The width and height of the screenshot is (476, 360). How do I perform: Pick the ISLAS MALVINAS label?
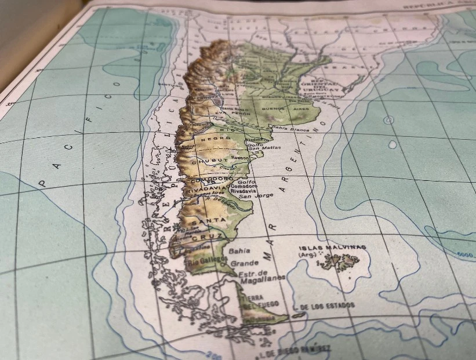coord(332,248)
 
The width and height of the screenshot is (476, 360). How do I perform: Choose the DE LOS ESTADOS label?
coord(328,306)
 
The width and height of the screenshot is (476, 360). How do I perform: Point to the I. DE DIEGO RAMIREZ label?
coord(296,350)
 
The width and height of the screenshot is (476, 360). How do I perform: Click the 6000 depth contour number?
coord(466,254)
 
